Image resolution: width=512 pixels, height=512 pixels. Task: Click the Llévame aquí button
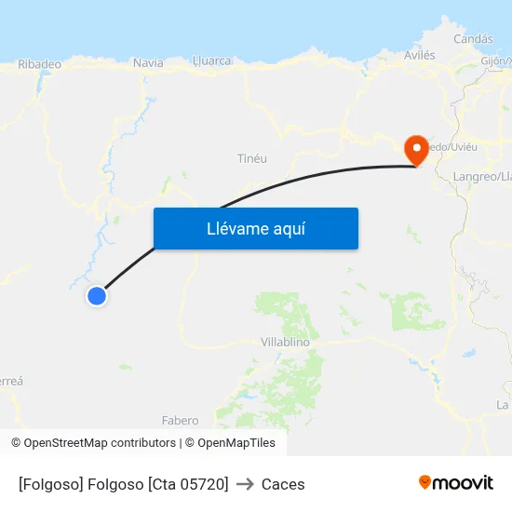pyautogui.click(x=255, y=228)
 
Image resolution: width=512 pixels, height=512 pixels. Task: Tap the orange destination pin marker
pyautogui.click(x=414, y=149)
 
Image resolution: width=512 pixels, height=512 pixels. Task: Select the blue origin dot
pyautogui.click(x=97, y=296)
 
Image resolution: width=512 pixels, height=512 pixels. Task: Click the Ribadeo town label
pyautogui.click(x=39, y=64)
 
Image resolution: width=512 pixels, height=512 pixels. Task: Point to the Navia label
pyautogui.click(x=148, y=62)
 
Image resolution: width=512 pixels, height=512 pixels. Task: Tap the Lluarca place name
pyautogui.click(x=211, y=61)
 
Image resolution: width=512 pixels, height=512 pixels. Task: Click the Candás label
pyautogui.click(x=472, y=39)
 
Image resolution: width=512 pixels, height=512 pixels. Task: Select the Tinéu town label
pyautogui.click(x=252, y=159)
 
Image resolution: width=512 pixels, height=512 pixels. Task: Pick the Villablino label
pyautogui.click(x=285, y=342)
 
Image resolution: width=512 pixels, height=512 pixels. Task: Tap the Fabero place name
pyautogui.click(x=180, y=421)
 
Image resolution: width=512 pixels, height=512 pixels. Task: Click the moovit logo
pyautogui.click(x=455, y=482)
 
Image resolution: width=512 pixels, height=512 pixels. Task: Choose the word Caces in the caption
pyautogui.click(x=283, y=484)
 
